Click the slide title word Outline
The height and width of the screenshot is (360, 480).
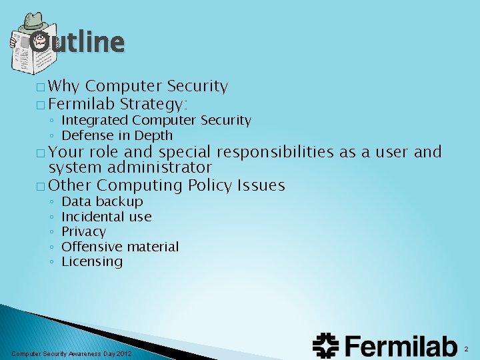77,42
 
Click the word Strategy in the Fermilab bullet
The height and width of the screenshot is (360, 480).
154,104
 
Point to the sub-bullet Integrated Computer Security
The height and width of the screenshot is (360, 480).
156,121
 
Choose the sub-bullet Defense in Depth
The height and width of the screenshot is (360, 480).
117,135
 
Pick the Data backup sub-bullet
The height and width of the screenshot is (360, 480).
102,201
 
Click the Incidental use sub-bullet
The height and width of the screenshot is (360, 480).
106,217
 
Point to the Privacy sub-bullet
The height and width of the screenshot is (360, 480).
83,231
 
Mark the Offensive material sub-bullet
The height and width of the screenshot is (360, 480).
120,247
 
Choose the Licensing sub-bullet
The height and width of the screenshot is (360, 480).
92,261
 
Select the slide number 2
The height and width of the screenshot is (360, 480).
466,349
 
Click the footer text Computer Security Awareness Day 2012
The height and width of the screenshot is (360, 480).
72,353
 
